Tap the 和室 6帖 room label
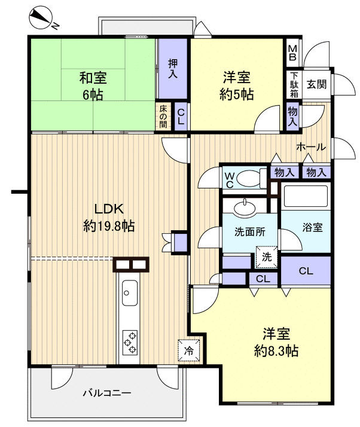[x=92, y=86]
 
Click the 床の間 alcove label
[x=163, y=117]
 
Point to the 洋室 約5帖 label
[x=237, y=86]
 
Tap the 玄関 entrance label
[x=316, y=84]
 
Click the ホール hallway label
[x=310, y=147]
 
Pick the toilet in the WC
[x=251, y=178]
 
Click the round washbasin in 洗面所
[x=244, y=208]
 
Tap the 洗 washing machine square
[x=267, y=257]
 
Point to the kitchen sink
[x=129, y=294]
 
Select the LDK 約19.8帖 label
[x=109, y=217]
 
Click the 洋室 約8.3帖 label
[x=276, y=341]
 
